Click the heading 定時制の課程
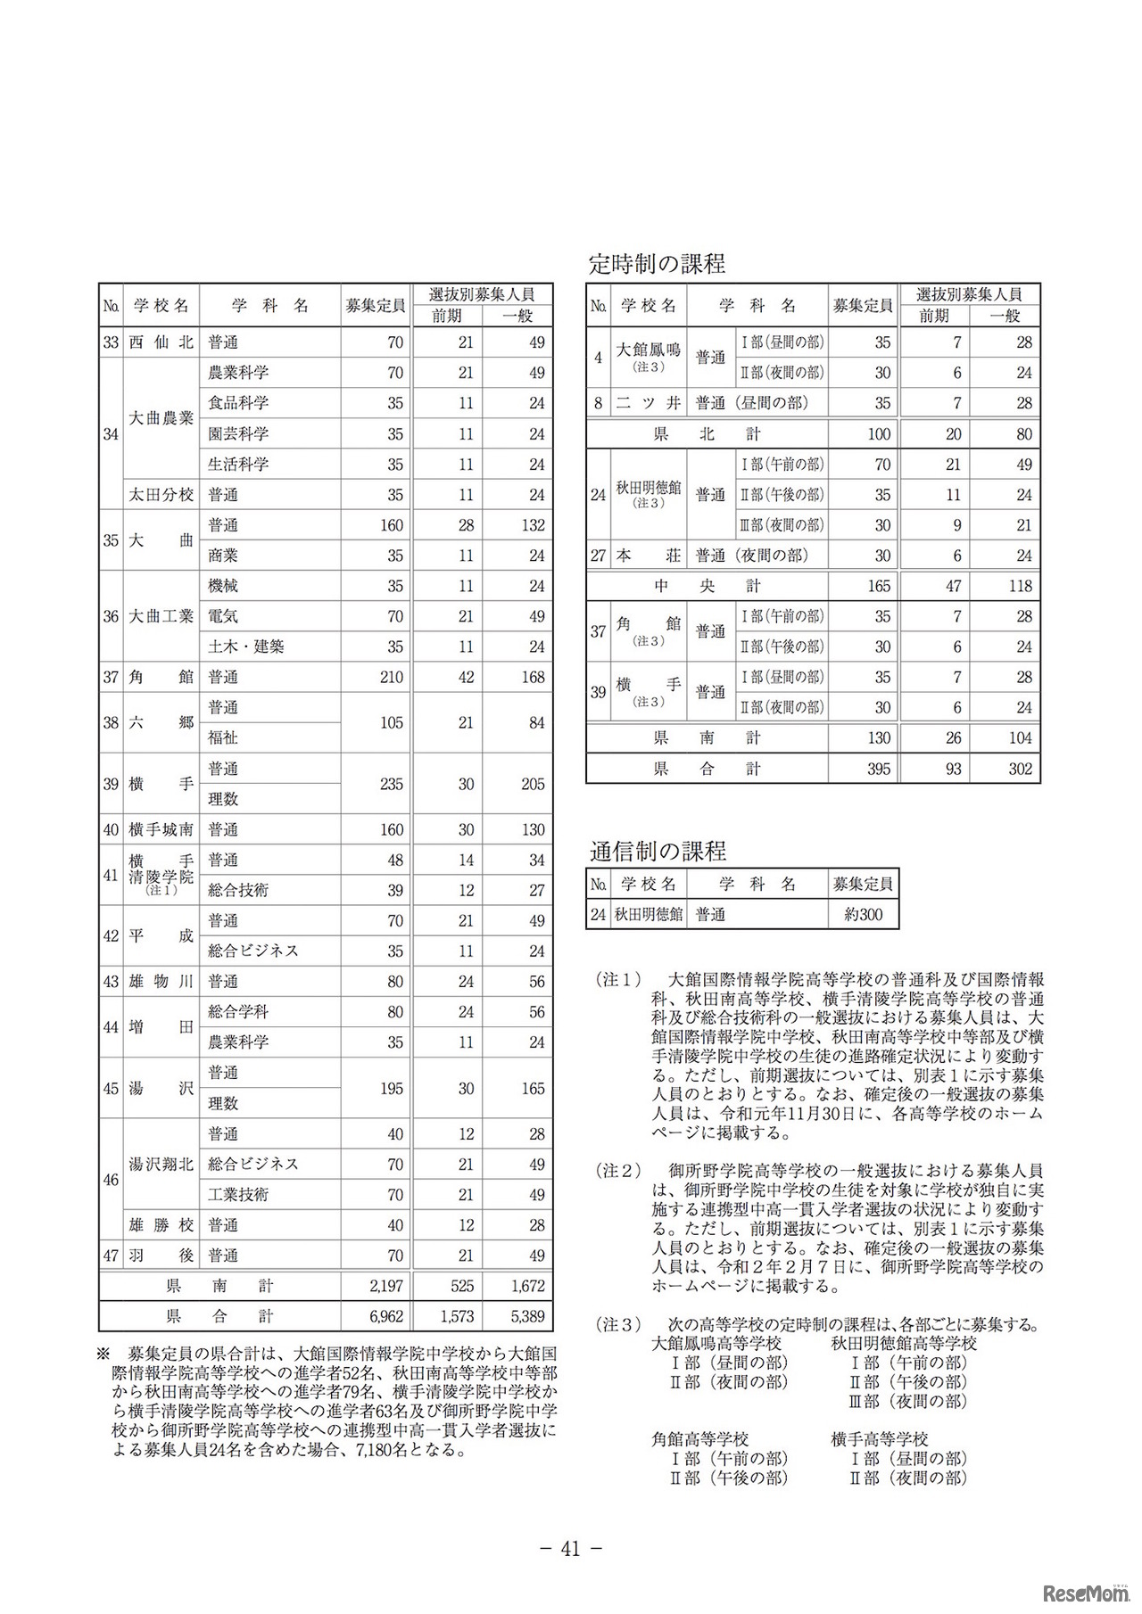tap(657, 263)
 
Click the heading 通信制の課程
tap(658, 851)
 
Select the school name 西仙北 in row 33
tap(161, 342)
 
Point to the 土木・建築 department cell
tap(246, 646)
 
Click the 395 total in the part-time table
tap(878, 769)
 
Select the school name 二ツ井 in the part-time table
tap(649, 403)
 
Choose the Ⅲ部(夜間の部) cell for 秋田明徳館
tap(781, 525)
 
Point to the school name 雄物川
tap(161, 982)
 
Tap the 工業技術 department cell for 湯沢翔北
tap(238, 1194)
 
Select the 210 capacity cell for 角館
tap(392, 677)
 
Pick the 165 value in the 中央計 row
tap(878, 586)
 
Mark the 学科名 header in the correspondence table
tap(757, 885)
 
